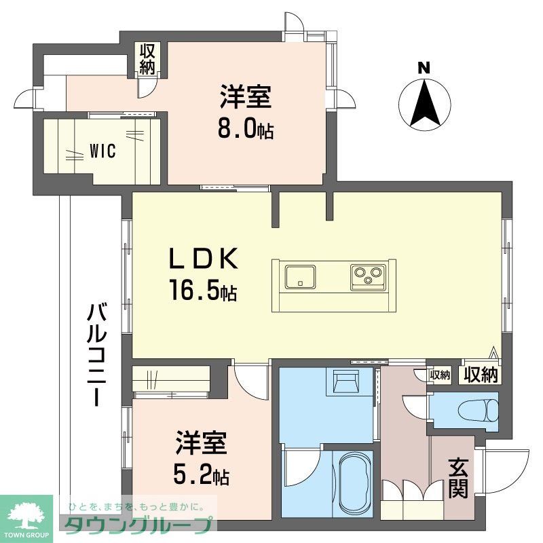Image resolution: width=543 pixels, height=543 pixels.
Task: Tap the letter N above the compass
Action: (424, 68)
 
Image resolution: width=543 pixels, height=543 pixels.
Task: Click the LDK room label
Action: (203, 260)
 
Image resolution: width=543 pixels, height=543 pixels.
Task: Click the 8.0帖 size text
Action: (245, 129)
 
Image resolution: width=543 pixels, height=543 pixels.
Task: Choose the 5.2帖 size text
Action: (200, 476)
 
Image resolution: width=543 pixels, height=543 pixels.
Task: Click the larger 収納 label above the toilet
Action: (481, 374)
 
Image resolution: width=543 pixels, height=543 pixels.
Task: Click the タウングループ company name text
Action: (140, 525)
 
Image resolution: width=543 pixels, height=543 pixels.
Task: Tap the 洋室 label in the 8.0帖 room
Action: (245, 98)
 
